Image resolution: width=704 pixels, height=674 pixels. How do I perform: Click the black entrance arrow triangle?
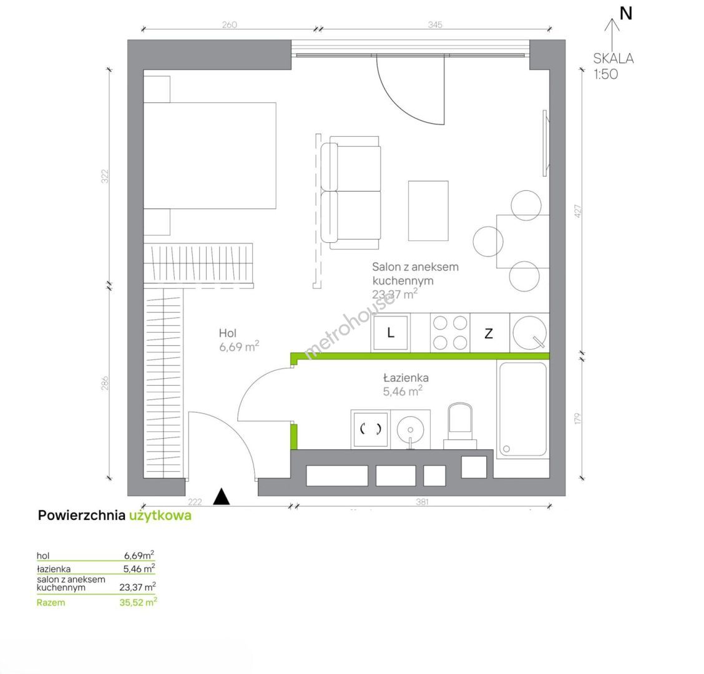tap(222, 497)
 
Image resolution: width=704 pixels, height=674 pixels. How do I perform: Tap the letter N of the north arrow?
tap(626, 14)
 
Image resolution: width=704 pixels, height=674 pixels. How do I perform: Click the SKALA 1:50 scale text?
tap(614, 66)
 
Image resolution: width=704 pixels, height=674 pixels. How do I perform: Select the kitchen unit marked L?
tap(391, 333)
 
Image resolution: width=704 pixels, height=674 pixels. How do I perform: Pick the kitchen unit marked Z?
tap(489, 333)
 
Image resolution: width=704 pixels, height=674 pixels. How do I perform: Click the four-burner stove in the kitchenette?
tap(450, 333)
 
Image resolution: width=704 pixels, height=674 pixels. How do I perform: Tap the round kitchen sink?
tap(530, 333)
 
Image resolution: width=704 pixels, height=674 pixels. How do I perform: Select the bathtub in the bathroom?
tap(523, 409)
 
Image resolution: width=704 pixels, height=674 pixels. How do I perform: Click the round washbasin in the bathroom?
tap(411, 430)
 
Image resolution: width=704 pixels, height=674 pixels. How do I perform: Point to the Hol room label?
tap(228, 333)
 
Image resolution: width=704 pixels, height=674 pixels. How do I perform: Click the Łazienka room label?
tap(406, 378)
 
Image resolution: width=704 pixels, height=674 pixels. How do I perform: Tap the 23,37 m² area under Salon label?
tap(395, 294)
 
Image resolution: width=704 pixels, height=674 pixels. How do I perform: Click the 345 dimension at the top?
tap(435, 25)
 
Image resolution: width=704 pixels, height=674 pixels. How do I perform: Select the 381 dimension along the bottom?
tap(422, 502)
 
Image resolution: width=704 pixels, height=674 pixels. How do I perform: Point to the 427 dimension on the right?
tap(579, 211)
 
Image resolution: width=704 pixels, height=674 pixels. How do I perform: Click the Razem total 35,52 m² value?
tap(138, 602)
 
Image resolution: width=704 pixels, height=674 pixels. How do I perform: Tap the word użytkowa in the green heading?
tap(160, 515)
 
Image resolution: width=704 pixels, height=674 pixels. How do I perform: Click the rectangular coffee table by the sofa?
tap(428, 211)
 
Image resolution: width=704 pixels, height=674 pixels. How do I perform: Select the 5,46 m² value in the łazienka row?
tap(139, 569)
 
